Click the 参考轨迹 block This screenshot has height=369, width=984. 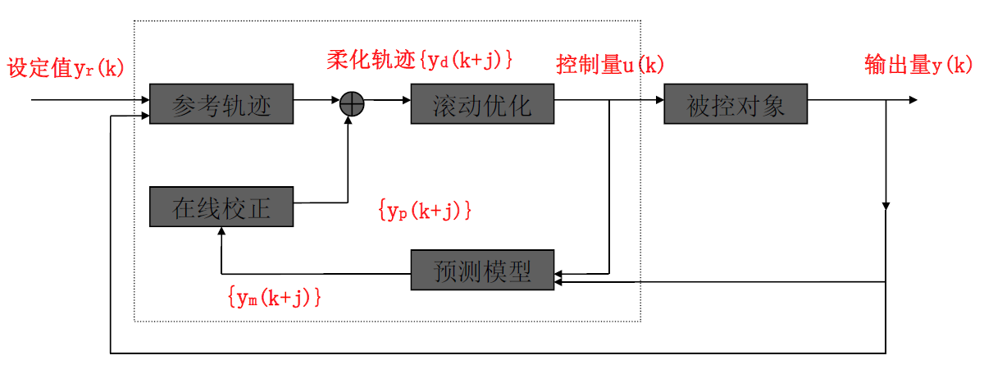[221, 104]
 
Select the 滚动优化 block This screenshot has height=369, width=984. [482, 104]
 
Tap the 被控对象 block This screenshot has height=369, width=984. [736, 104]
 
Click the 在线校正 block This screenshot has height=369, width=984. [221, 207]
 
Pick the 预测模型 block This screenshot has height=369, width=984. [482, 270]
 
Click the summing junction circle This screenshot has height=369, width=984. [352, 102]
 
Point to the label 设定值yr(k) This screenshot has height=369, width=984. [66, 67]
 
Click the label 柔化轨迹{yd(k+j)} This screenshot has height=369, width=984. [420, 60]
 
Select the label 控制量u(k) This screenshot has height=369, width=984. [610, 65]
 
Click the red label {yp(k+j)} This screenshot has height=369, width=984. [425, 210]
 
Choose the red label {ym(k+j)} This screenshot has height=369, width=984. [274, 297]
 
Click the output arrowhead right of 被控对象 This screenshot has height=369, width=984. [912, 100]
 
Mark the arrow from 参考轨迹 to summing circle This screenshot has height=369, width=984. [317, 101]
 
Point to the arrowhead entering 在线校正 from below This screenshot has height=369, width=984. [221, 232]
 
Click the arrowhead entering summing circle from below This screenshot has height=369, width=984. [352, 120]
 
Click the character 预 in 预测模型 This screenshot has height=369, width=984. [445, 270]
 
